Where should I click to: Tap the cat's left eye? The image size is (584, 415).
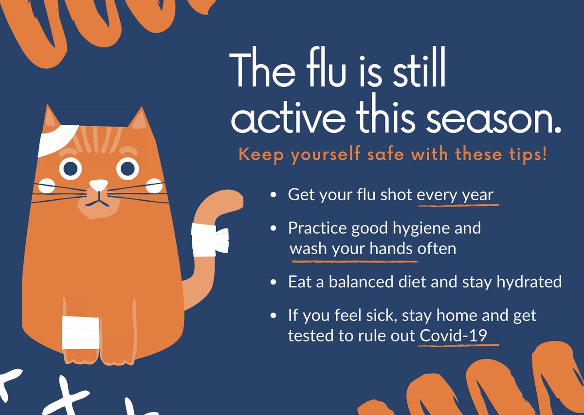coord(71,169)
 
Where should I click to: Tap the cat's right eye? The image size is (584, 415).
coord(128,169)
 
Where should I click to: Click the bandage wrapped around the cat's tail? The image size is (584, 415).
coord(209,239)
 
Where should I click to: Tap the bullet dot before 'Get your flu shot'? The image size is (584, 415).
coord(274,195)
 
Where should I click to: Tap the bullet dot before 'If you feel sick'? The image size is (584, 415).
coord(274,316)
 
